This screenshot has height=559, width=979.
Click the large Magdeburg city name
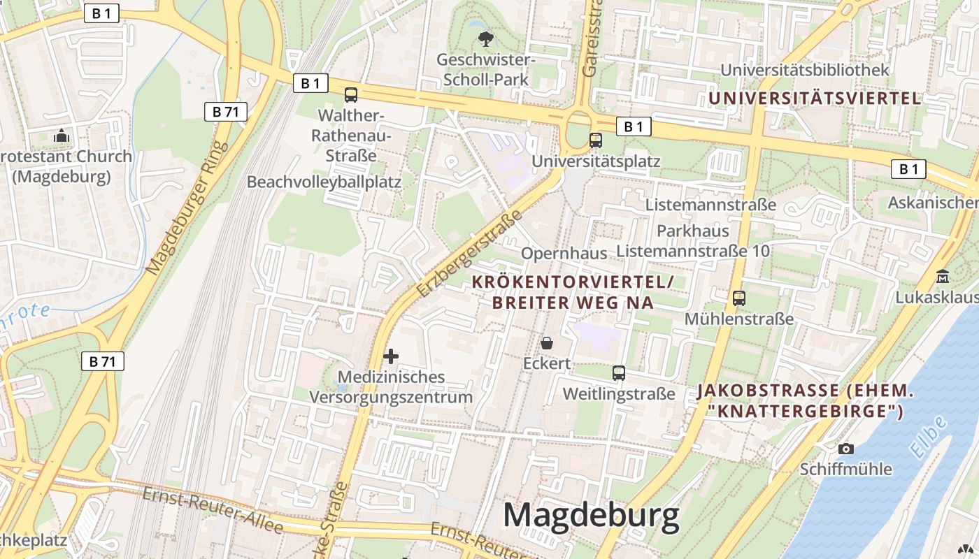coord(591,516)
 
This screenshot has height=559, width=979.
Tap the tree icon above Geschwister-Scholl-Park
coord(484,38)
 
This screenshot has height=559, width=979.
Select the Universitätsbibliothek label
coord(804,70)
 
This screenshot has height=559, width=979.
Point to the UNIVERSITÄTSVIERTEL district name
coord(815,98)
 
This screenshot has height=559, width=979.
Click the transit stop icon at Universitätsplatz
coord(596,140)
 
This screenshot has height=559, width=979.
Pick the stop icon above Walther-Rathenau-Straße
coord(351,95)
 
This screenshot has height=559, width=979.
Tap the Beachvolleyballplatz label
coord(324,182)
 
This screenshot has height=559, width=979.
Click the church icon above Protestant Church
coord(62,136)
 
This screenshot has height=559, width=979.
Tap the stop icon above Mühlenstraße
coord(739,298)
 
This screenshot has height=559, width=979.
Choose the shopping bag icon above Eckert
coord(547,343)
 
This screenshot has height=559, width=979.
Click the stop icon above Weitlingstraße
coord(619,373)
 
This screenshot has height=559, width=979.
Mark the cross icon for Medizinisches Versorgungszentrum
coord(391,356)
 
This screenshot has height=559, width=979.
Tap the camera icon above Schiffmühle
coord(846,449)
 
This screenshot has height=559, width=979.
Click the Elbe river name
coord(929,437)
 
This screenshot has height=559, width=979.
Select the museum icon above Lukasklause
coord(942,276)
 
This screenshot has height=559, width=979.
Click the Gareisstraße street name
coord(592,38)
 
